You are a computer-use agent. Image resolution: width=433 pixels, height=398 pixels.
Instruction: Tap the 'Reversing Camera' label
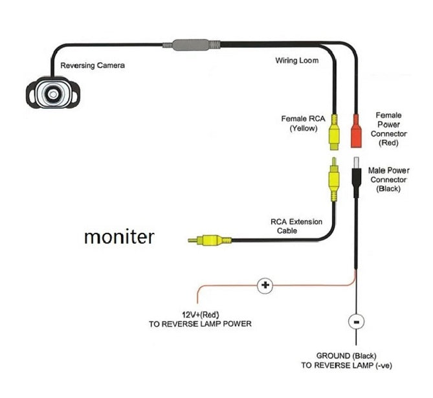tap(92, 65)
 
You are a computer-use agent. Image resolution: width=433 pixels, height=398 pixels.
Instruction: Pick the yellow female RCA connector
tap(333, 131)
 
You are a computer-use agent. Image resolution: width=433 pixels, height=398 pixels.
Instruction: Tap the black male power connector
tap(355, 174)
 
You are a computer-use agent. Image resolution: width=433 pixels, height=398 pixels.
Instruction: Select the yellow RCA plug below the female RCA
tap(333, 178)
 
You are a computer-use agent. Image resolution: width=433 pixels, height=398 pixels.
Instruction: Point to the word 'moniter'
tap(119, 237)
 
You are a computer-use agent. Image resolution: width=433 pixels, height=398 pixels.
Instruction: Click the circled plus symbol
tap(265, 285)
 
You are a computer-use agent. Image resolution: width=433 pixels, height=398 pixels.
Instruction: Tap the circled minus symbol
tap(354, 320)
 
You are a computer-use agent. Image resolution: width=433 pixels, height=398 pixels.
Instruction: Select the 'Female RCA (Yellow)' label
tap(302, 124)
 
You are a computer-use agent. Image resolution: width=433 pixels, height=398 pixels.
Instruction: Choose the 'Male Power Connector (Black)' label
tap(388, 179)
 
